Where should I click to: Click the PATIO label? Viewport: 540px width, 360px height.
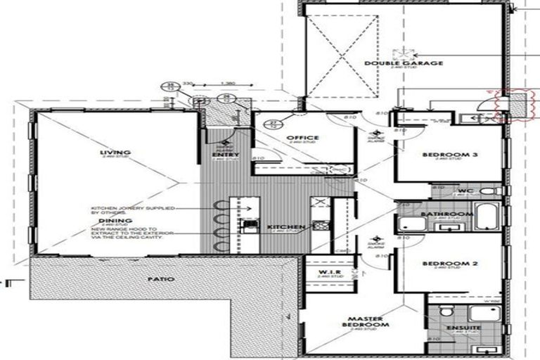click(161, 279)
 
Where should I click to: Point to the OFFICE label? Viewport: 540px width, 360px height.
click(303, 138)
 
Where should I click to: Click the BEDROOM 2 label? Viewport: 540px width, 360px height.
click(450, 264)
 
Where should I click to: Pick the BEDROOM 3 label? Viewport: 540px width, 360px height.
click(449, 155)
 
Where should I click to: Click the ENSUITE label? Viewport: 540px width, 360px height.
click(463, 328)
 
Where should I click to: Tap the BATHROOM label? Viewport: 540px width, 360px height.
click(446, 214)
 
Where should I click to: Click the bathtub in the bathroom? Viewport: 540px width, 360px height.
click(487, 215)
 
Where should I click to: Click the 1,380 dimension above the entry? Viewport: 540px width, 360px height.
click(227, 84)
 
